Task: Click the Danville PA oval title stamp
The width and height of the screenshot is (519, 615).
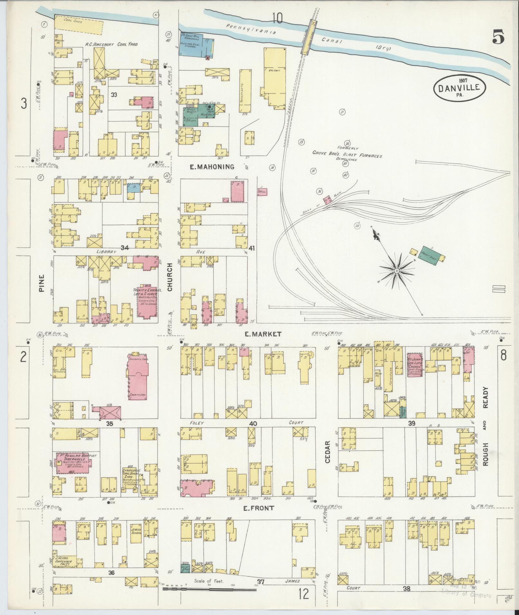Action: (460, 88)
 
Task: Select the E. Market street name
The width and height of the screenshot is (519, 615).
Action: (263, 334)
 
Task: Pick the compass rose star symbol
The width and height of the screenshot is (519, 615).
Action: (397, 271)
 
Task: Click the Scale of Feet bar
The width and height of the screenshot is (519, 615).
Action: (209, 589)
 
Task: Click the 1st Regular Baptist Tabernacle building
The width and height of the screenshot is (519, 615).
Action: (74, 463)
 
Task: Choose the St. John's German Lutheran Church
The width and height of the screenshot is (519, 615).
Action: (415, 365)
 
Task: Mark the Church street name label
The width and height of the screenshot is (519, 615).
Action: (170, 277)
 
